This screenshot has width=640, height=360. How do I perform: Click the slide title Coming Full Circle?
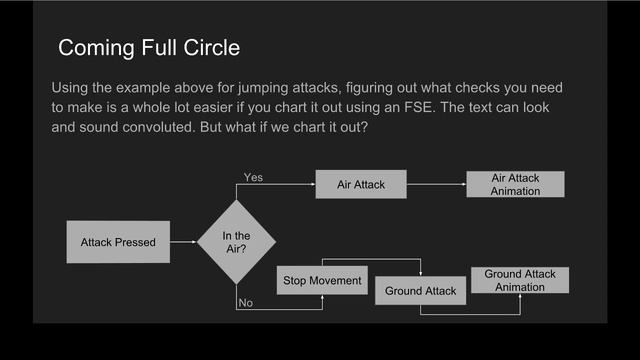[148, 48]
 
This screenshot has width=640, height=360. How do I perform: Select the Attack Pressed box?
[118, 242]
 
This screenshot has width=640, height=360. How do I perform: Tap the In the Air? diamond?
[236, 242]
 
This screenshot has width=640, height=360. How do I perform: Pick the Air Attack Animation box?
[515, 184]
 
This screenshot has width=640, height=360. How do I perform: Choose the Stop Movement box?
[322, 280]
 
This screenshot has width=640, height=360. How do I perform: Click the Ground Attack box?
[421, 291]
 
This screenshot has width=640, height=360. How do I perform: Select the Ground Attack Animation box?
[520, 280]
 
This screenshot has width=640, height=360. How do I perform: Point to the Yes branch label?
[254, 177]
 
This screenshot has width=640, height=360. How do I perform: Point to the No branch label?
[245, 303]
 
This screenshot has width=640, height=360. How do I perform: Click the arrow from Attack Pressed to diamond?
[183, 242]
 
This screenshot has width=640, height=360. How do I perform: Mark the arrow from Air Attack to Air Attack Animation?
[436, 184]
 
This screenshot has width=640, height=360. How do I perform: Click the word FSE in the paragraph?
[482, 106]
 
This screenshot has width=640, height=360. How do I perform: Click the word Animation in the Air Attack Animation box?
[515, 191]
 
